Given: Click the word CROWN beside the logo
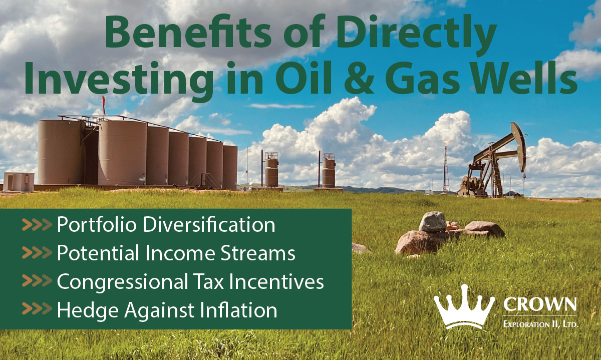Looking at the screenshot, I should pyautogui.click(x=540, y=304).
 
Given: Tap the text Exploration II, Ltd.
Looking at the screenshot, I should pyautogui.click(x=540, y=324).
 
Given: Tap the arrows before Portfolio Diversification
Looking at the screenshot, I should pyautogui.click(x=37, y=225).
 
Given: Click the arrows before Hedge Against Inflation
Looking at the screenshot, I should pyautogui.click(x=37, y=310).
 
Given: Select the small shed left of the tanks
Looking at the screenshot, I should pyautogui.click(x=19, y=181).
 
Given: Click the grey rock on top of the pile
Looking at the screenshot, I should pyautogui.click(x=432, y=221).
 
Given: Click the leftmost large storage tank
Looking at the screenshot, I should pyautogui.click(x=61, y=152).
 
